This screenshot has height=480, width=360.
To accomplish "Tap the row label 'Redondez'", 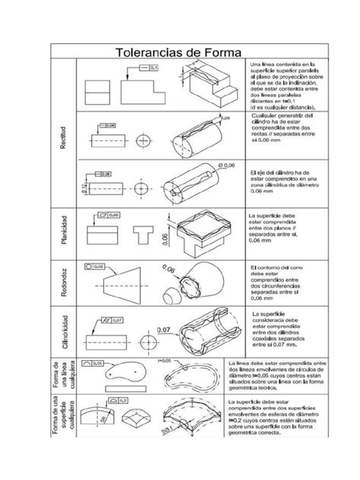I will pyautogui.click(x=65, y=280).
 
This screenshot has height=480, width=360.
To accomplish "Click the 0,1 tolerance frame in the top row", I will pyautogui.click(x=147, y=68).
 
